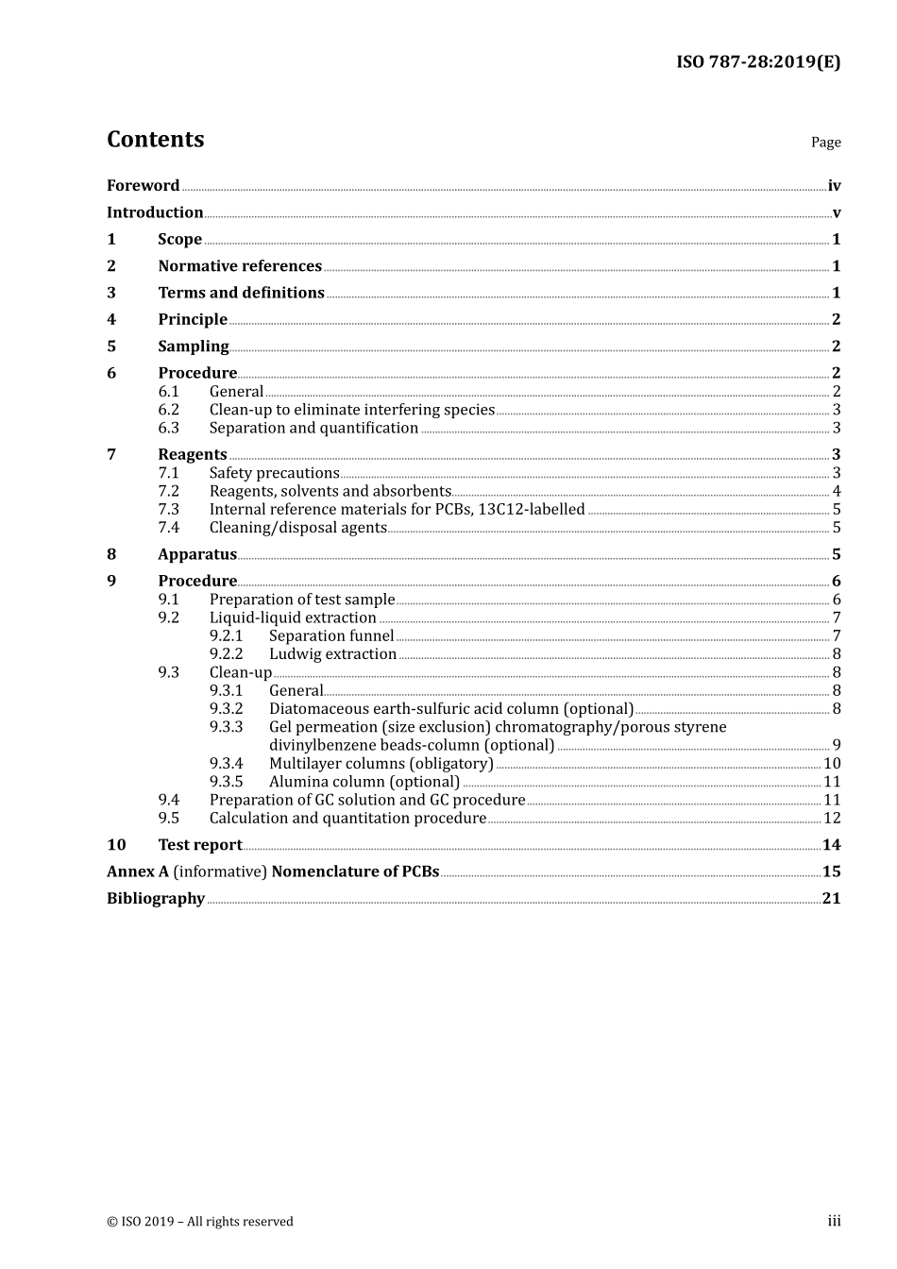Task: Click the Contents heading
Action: [155, 140]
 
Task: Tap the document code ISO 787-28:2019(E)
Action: [757, 62]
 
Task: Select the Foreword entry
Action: [143, 186]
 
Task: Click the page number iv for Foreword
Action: [834, 186]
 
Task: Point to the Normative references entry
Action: [240, 266]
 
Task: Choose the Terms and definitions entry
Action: [241, 293]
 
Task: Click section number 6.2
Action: [168, 410]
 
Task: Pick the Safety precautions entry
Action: [274, 473]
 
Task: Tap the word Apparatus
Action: [197, 554]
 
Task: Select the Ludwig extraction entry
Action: [332, 654]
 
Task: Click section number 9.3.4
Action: [226, 764]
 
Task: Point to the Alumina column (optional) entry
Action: [364, 782]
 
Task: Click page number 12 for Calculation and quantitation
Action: [832, 819]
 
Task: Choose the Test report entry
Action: [200, 845]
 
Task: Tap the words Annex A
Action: [138, 871]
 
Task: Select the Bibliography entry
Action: [156, 899]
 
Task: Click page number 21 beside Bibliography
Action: [831, 899]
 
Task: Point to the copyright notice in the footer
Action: [200, 1222]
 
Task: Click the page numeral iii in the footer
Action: [834, 1222]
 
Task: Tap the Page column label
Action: [825, 143]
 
